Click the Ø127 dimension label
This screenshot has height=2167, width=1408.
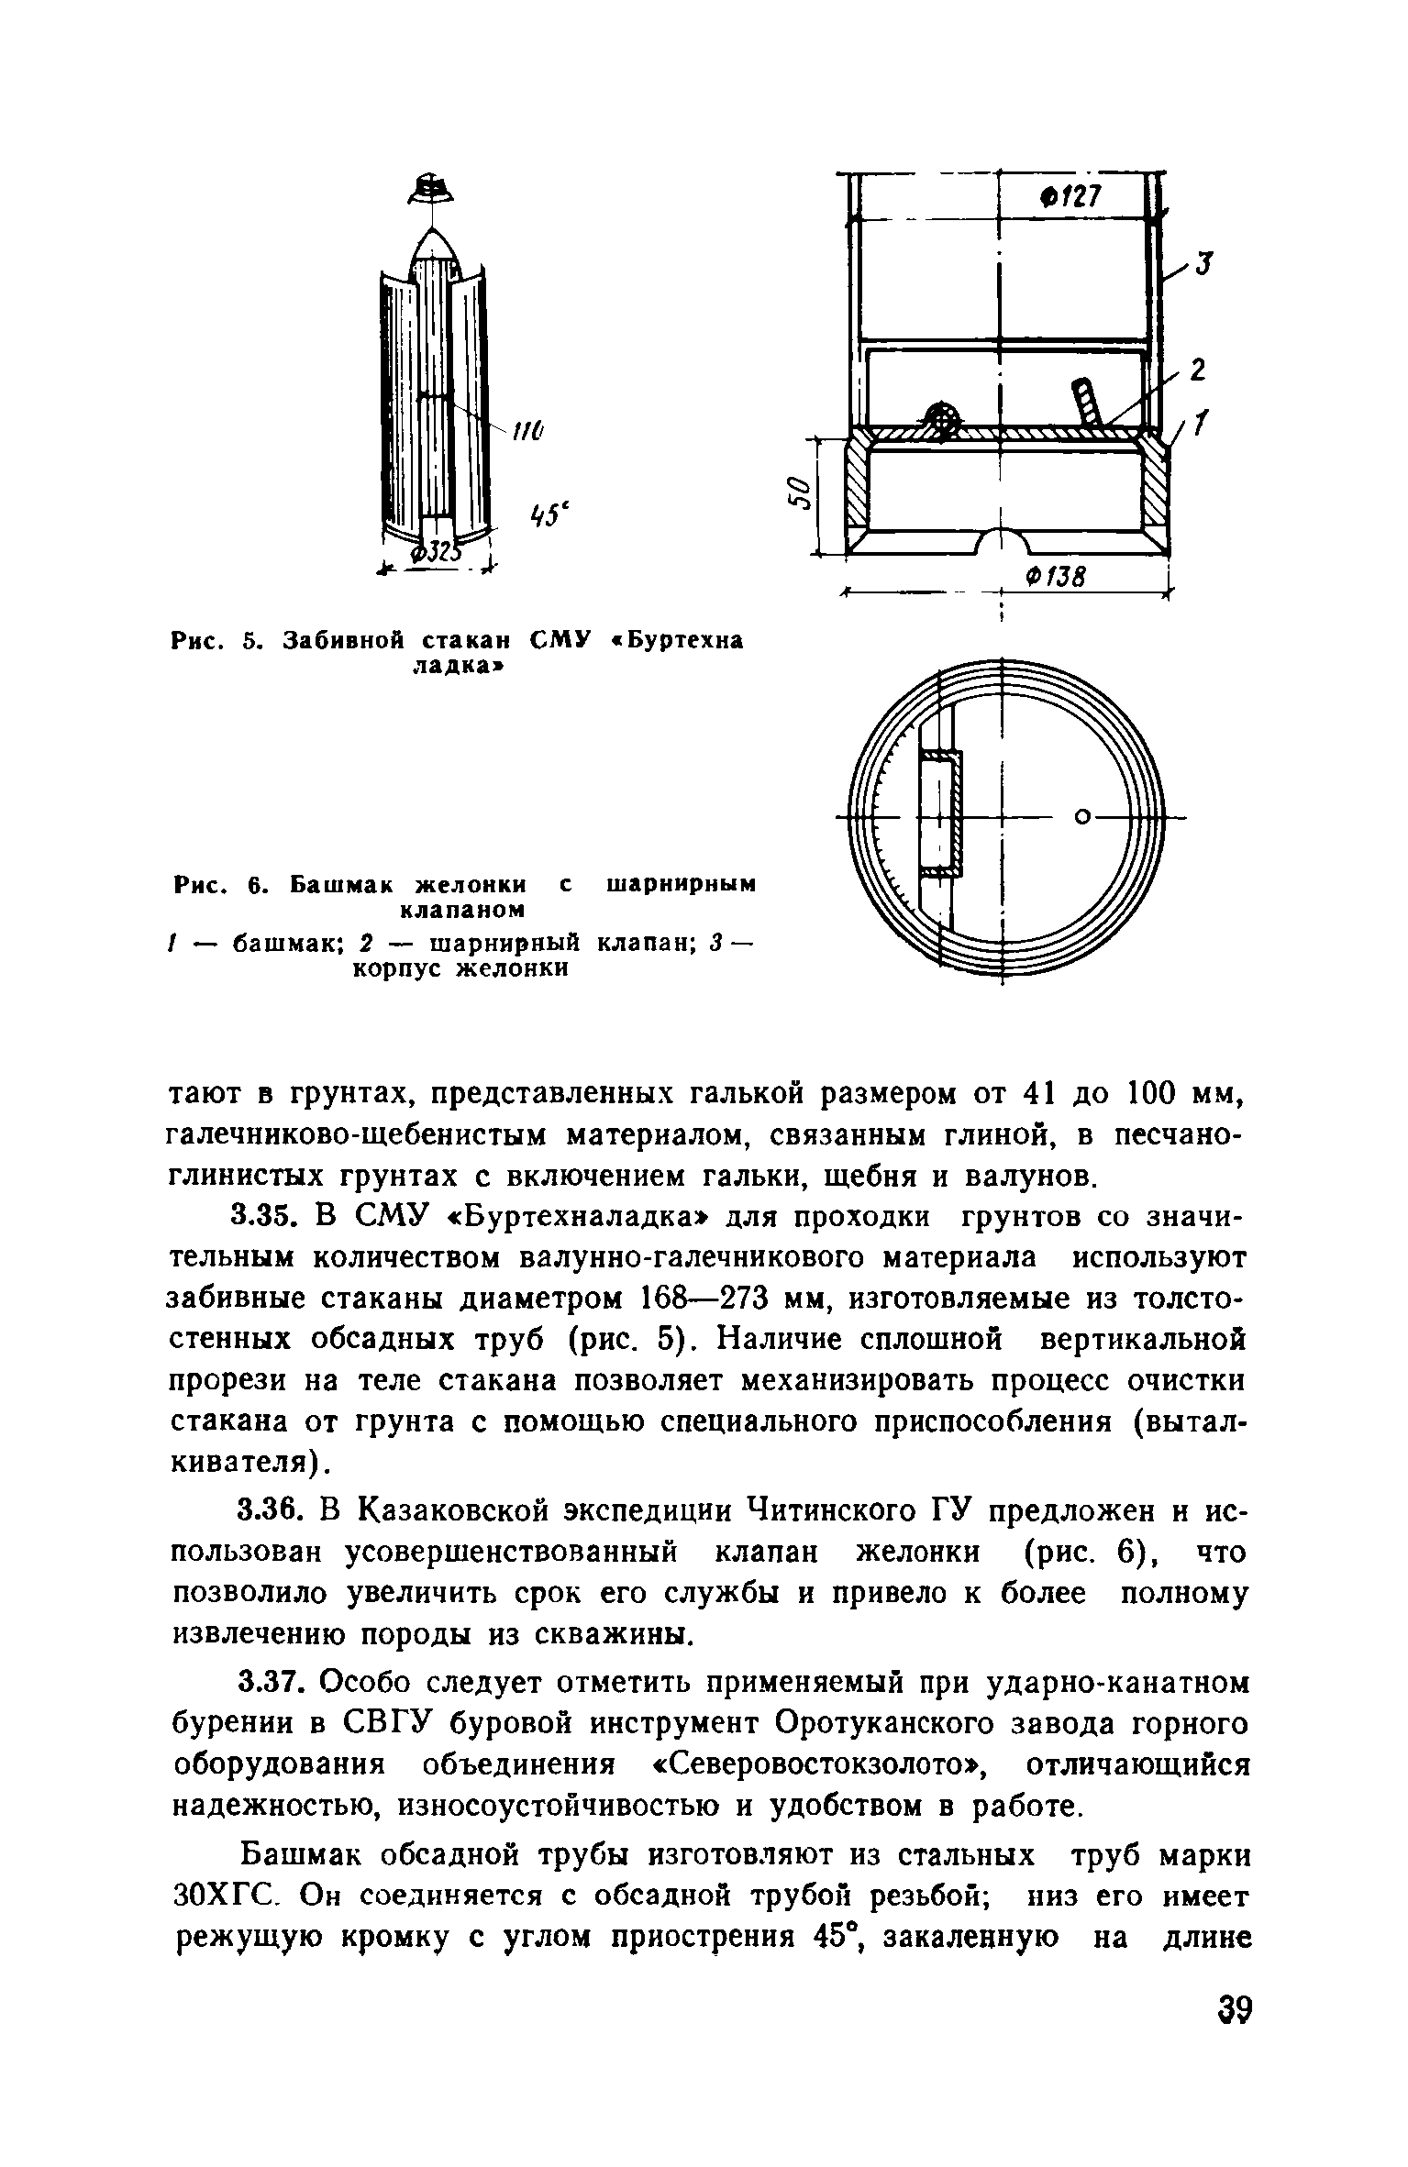(x=1069, y=197)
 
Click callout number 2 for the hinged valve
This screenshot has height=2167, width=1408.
(x=1197, y=370)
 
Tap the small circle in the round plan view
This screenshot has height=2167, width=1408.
(x=1082, y=815)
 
